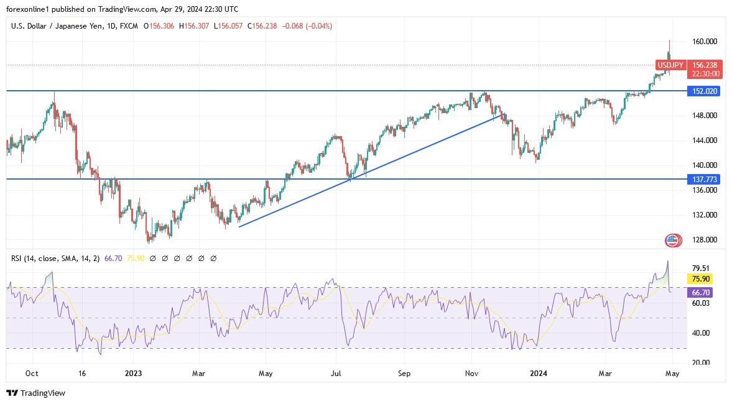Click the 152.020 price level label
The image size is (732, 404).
click(x=703, y=91)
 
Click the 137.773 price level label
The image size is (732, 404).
click(x=703, y=179)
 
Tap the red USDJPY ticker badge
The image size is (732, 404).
click(x=670, y=65)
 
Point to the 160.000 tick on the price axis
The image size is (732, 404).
click(x=705, y=42)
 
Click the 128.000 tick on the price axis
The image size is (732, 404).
click(x=705, y=240)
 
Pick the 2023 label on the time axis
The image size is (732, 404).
click(x=133, y=374)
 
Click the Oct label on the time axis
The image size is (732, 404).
click(x=32, y=374)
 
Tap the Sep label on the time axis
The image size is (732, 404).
click(x=404, y=374)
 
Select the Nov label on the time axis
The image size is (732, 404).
click(x=471, y=374)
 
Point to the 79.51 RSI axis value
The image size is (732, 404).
click(x=700, y=269)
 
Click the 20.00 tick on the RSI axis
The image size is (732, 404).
click(x=700, y=362)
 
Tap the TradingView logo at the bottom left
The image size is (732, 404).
click(x=35, y=393)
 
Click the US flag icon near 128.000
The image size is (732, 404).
click(x=672, y=240)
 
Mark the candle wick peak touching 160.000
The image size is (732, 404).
click(x=669, y=41)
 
